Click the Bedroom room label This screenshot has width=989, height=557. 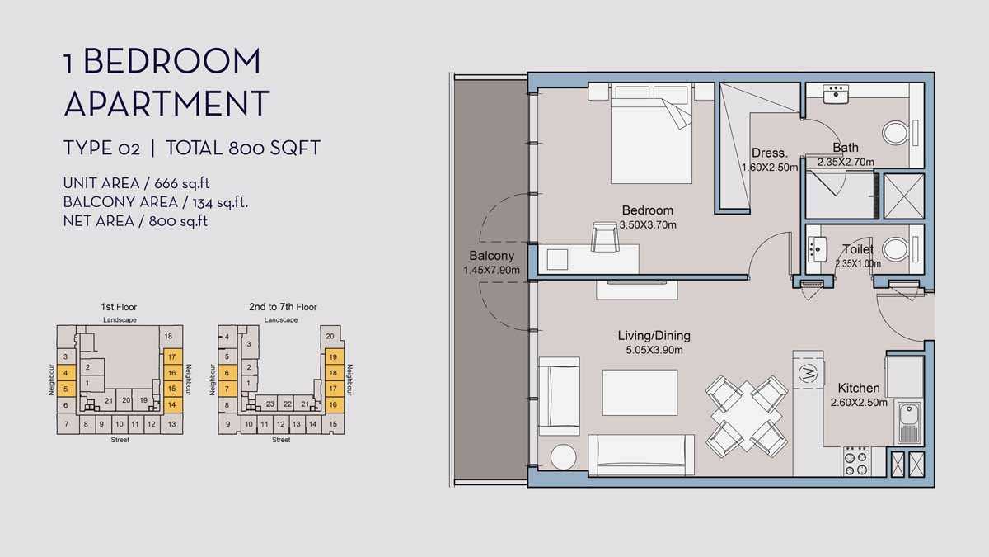[x=647, y=210]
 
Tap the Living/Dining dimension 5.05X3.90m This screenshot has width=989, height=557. [x=654, y=351]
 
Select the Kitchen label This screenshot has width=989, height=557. [x=859, y=388]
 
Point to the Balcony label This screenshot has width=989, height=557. [x=491, y=256]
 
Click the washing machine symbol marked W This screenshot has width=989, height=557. [x=808, y=374]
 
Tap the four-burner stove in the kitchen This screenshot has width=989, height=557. [x=856, y=461]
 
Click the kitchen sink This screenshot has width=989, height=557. [x=908, y=422]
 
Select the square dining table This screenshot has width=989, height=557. [x=746, y=416]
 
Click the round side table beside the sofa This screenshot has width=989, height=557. [x=564, y=456]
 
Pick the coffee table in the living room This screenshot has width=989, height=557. [x=640, y=393]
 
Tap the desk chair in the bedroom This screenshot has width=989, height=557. [x=604, y=237]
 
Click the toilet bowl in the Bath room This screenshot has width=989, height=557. [x=895, y=133]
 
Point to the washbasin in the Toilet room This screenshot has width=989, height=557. [x=818, y=250]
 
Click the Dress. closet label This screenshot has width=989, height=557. [x=770, y=153]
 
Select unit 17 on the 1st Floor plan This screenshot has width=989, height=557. [x=172, y=356]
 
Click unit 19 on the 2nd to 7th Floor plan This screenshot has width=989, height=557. [x=333, y=356]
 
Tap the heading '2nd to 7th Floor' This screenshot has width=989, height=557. [x=283, y=307]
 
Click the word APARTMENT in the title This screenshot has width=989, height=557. [x=166, y=103]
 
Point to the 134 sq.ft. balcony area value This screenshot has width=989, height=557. [x=220, y=202]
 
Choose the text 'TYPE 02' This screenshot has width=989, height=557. [x=102, y=148]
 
